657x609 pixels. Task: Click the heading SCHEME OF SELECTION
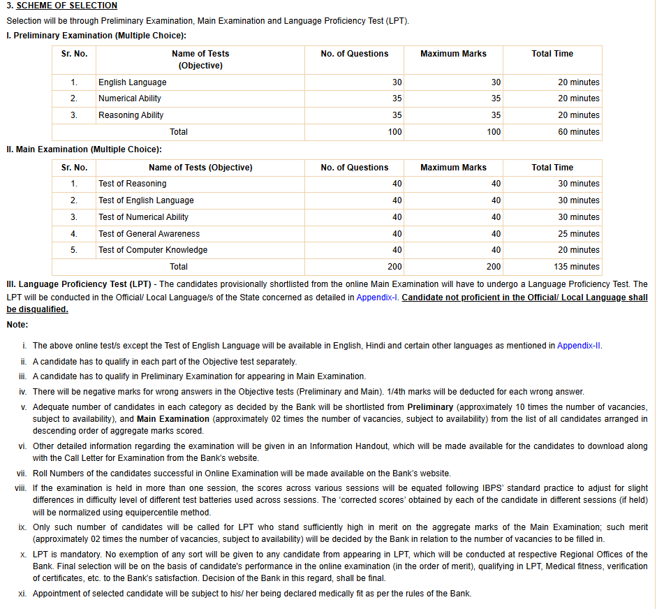tap(67, 6)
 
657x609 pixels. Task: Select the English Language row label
tap(133, 82)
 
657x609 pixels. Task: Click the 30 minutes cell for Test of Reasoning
tap(578, 184)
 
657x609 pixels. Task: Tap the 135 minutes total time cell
tap(576, 267)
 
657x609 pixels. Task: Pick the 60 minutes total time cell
tap(579, 132)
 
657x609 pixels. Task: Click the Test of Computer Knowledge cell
tap(153, 250)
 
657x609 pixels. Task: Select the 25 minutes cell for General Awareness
tap(578, 234)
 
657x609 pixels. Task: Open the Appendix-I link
tap(377, 298)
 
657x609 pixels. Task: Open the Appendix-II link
tap(579, 346)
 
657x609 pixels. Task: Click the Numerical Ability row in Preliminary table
tap(130, 98)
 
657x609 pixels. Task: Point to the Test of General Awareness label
tap(149, 234)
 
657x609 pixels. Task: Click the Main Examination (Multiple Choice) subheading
tap(84, 149)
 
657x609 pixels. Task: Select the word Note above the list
tap(17, 325)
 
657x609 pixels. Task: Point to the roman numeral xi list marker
tap(22, 594)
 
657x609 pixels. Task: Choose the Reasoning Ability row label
tap(131, 115)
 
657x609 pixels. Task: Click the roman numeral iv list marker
tap(22, 392)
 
